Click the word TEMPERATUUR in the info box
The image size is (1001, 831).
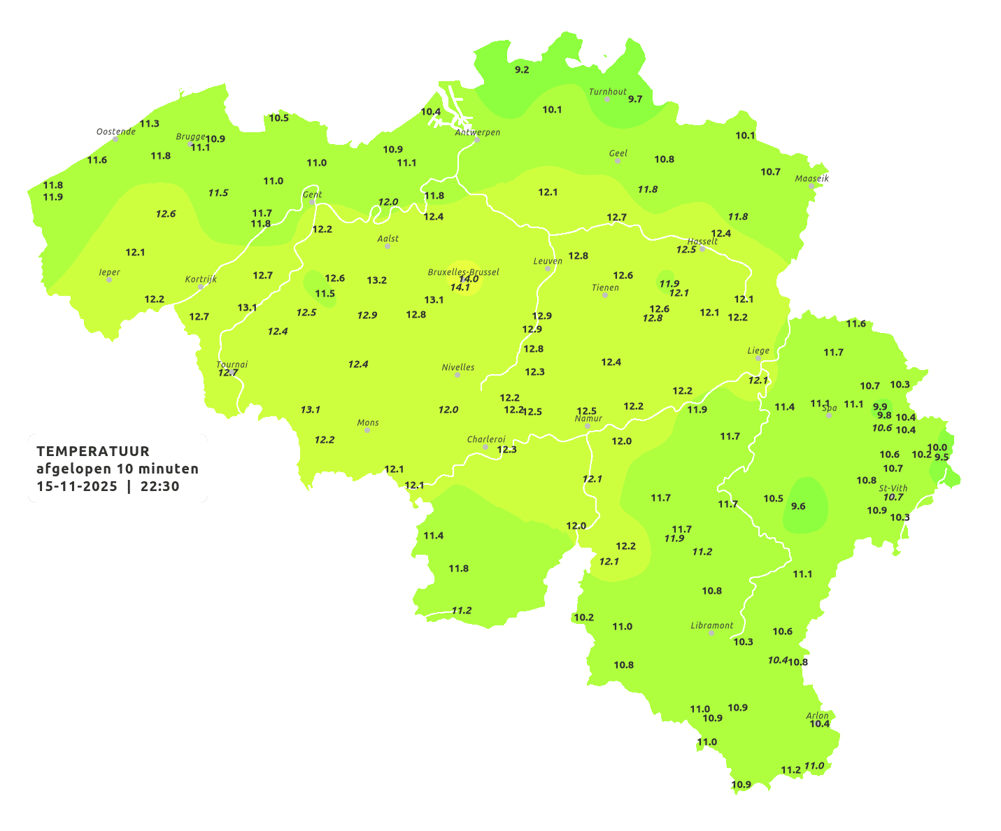(x=93, y=451)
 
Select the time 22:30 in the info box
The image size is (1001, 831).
(x=160, y=486)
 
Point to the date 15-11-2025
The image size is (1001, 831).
(x=77, y=486)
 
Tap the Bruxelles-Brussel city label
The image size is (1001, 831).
(x=464, y=271)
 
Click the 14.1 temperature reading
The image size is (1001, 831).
(x=460, y=287)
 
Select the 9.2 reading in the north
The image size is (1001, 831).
(x=522, y=70)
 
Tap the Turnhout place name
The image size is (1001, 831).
(x=608, y=92)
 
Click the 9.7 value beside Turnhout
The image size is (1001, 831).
(x=635, y=99)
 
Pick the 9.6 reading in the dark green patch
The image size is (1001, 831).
(x=798, y=506)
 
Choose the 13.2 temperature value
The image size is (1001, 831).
(x=377, y=280)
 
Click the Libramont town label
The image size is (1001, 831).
(x=712, y=625)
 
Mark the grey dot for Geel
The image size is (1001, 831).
(x=618, y=161)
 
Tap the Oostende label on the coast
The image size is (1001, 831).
(x=116, y=132)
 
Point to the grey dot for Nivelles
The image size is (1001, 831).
(x=457, y=375)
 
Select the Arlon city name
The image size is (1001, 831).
(x=817, y=716)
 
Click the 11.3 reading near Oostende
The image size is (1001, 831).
(x=150, y=124)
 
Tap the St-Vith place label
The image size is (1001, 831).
(x=893, y=488)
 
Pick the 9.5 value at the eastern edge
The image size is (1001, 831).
(x=942, y=457)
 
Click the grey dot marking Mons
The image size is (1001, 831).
(x=367, y=430)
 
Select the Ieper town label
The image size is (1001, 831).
(x=110, y=272)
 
